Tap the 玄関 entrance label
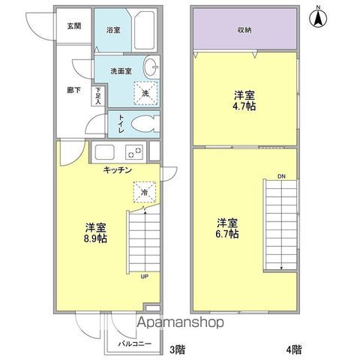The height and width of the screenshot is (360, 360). click(x=74, y=26)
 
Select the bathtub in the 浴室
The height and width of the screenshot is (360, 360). click(x=145, y=31)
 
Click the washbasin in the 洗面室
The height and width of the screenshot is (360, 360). click(x=151, y=67)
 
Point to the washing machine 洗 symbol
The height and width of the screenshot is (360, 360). click(x=145, y=93)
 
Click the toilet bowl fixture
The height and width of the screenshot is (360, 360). click(x=145, y=124)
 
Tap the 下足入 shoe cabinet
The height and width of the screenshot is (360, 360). click(x=97, y=96)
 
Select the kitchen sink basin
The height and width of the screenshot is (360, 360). click(x=104, y=151)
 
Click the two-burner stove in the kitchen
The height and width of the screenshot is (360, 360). click(x=134, y=152)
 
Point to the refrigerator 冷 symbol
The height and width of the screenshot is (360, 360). click(x=145, y=192)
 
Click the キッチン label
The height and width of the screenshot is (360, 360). click(x=118, y=170)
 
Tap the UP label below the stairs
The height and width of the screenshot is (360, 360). click(x=145, y=277)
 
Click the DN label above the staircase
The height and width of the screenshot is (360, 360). click(x=281, y=176)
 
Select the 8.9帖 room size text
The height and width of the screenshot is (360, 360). click(x=95, y=238)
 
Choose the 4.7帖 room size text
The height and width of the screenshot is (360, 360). click(x=244, y=106)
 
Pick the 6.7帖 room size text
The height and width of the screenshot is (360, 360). click(x=227, y=234)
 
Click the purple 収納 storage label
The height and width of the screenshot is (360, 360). click(x=244, y=30)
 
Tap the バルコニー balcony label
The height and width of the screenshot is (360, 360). click(x=135, y=344)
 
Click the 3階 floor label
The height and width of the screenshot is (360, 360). click(x=178, y=349)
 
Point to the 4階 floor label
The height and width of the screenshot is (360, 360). click(x=294, y=349)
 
